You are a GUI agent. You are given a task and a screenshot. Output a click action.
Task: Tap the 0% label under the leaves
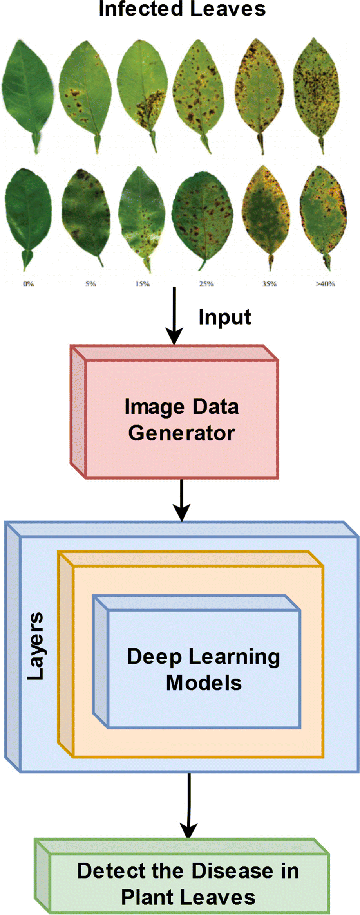(28, 283)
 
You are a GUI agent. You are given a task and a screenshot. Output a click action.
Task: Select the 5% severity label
(90, 283)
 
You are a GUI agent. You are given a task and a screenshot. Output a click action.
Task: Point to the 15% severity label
(143, 283)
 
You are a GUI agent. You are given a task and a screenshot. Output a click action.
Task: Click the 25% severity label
(206, 283)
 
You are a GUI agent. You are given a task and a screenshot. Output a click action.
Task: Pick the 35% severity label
(270, 283)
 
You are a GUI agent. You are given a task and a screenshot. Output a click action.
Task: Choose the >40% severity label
(326, 283)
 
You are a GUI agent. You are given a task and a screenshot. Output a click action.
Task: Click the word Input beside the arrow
(224, 317)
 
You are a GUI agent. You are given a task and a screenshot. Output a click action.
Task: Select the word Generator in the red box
(181, 433)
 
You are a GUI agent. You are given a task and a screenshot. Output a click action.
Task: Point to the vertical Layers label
(36, 646)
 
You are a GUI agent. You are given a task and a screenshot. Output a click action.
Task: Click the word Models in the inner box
(204, 683)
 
